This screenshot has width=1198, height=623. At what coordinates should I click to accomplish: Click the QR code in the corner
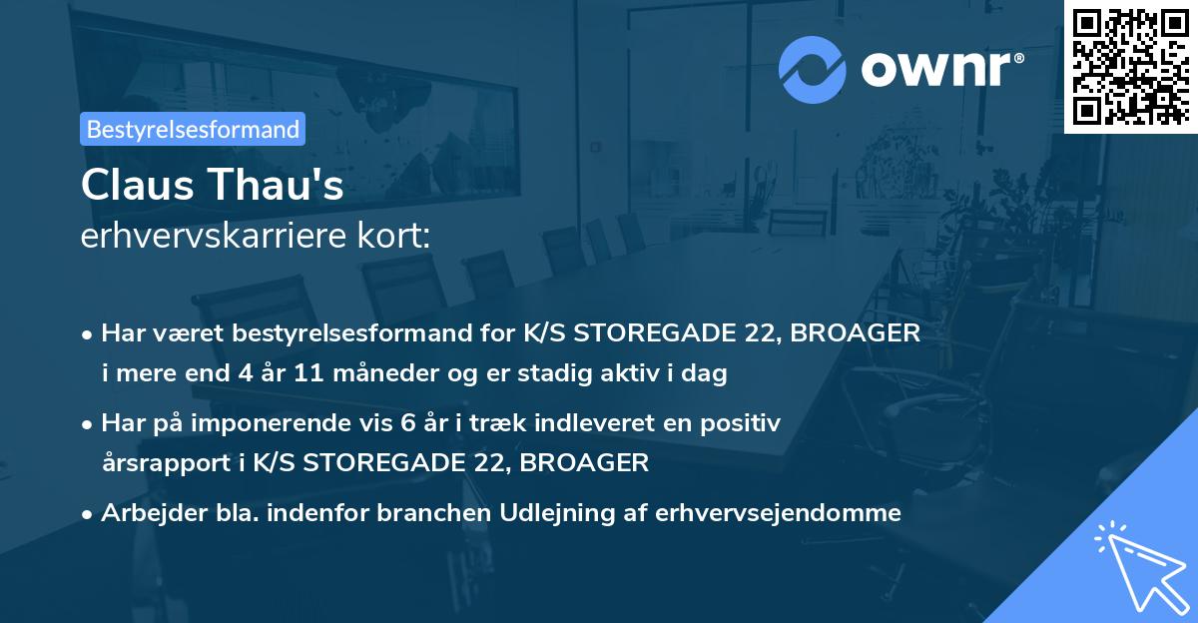pyautogui.click(x=1129, y=67)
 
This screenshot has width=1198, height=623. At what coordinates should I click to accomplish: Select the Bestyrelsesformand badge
pyautogui.click(x=192, y=129)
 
